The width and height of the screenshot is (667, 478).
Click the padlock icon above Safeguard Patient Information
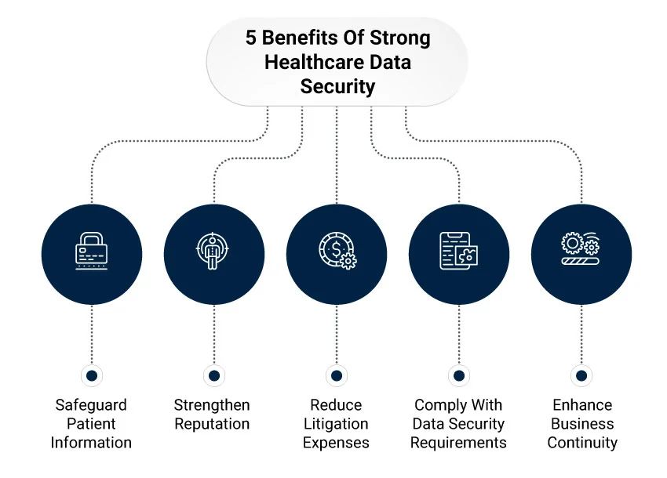[92, 250]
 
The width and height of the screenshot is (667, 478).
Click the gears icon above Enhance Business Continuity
[581, 251]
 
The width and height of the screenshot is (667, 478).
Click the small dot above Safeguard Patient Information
[92, 375]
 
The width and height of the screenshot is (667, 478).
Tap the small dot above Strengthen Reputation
[213, 375]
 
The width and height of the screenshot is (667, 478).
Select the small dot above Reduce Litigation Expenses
[337, 375]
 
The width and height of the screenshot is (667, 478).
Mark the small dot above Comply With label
[459, 375]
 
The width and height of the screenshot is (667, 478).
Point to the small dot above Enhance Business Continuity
[581, 375]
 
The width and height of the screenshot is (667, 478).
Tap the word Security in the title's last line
[337, 86]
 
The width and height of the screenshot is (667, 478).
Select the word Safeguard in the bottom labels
[91, 406]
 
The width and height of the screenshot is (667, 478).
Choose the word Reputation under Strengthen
[212, 425]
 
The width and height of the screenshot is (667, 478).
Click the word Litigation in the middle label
[336, 425]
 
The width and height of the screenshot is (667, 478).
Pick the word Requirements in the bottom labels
[458, 443]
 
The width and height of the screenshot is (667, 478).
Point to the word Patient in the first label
[91, 425]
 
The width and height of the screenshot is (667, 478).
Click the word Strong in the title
[403, 38]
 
